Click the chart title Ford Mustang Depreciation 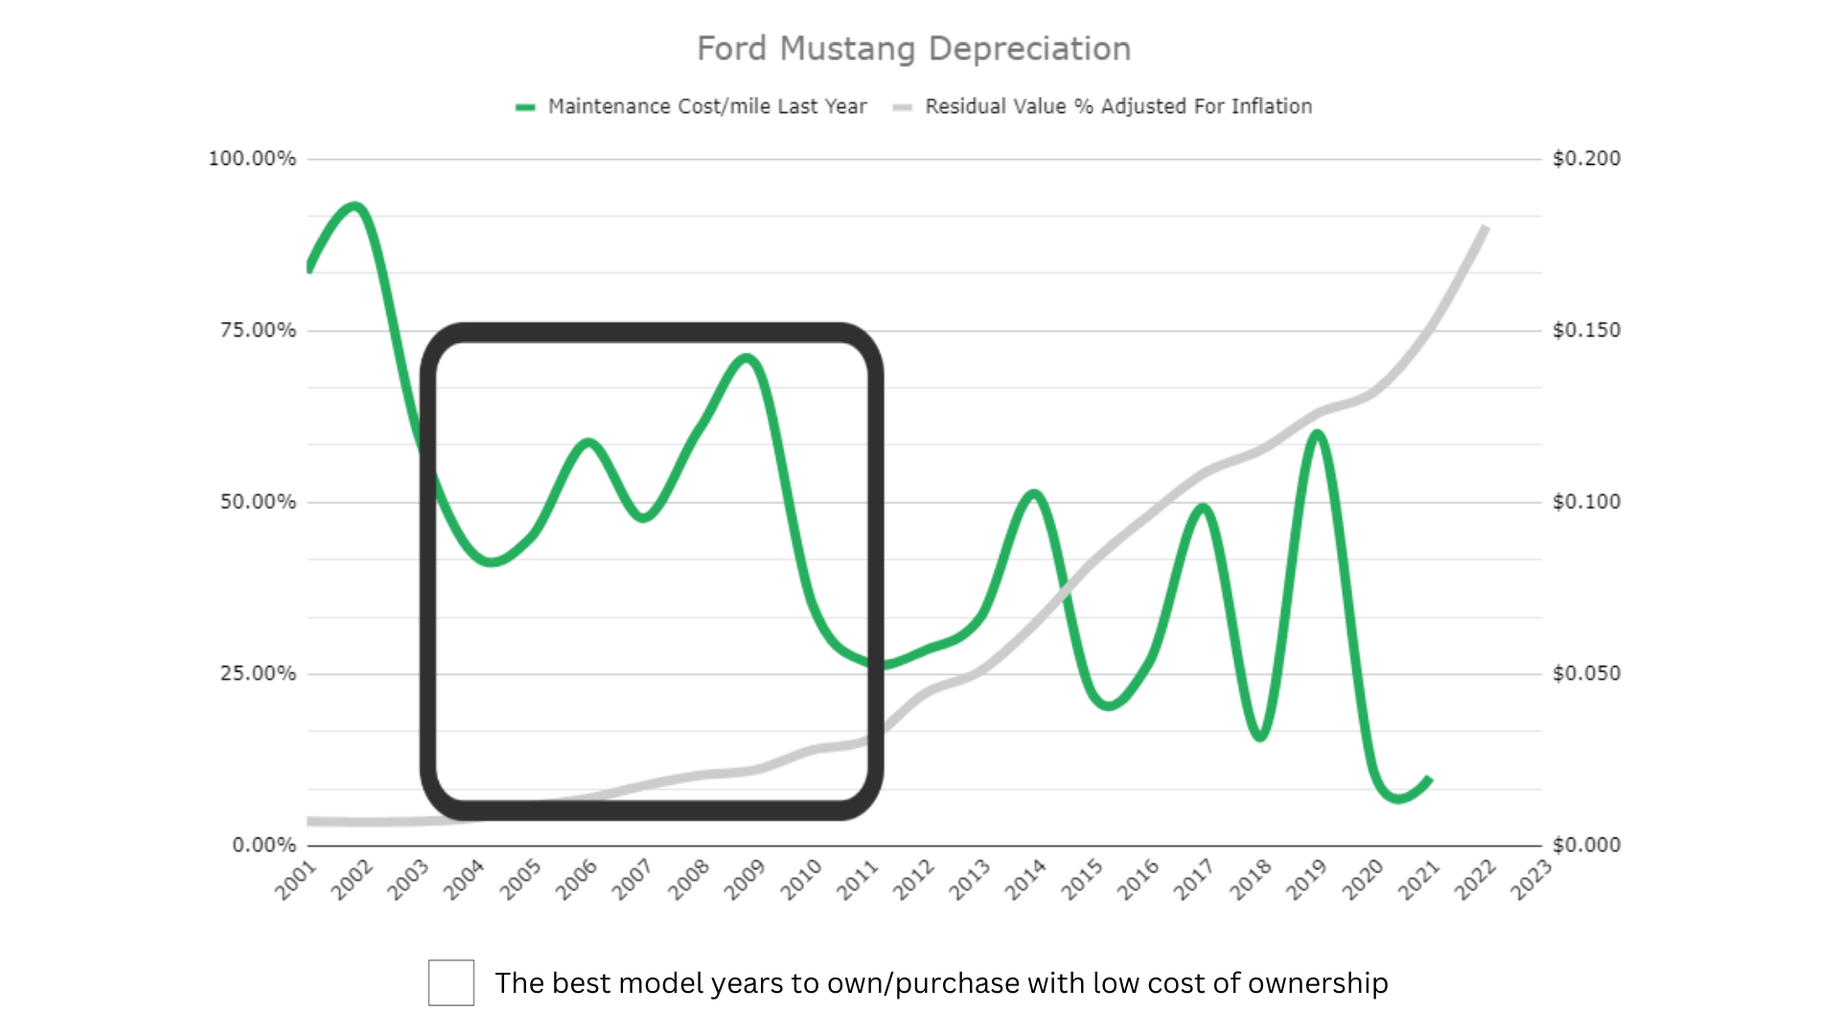coord(913,49)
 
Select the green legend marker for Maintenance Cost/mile coord(525,107)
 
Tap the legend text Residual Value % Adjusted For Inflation coord(1117,106)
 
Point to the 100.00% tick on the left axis coord(252,158)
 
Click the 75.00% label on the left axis coord(258,330)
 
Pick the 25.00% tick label coord(258,673)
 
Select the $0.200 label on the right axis coord(1586,158)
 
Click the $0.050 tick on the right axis coord(1586,673)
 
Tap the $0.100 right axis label coord(1586,501)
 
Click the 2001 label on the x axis coord(296,880)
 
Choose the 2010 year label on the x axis coord(801,880)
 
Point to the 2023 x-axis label coord(1530,880)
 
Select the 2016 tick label coord(1138,880)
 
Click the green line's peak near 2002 coord(356,206)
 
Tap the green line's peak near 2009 coord(747,358)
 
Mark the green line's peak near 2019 coord(1318,434)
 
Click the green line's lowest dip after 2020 coord(1398,797)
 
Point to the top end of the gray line coord(1484,228)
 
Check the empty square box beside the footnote coord(451,982)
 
